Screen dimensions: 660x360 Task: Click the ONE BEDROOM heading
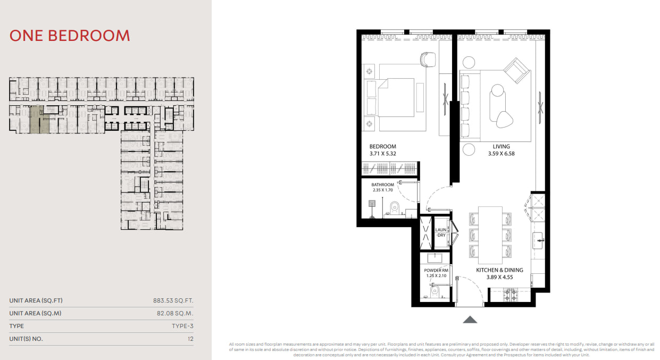pyautogui.click(x=70, y=36)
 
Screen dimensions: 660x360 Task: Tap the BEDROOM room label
pyautogui.click(x=383, y=146)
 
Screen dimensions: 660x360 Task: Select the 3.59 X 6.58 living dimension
pyautogui.click(x=501, y=154)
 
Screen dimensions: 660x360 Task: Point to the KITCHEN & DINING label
pyautogui.click(x=500, y=270)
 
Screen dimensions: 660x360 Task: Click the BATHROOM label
pyautogui.click(x=382, y=185)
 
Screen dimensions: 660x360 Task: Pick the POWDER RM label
pyautogui.click(x=436, y=270)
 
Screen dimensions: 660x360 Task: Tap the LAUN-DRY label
pyautogui.click(x=441, y=232)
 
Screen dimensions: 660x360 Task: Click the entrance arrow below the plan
pyautogui.click(x=470, y=320)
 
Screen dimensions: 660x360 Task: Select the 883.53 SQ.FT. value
pyautogui.click(x=173, y=300)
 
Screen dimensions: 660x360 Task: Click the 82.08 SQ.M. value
pyautogui.click(x=175, y=313)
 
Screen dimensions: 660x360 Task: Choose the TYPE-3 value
pyautogui.click(x=182, y=326)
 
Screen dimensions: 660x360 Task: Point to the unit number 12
pyautogui.click(x=190, y=339)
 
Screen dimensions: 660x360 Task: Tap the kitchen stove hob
pyautogui.click(x=511, y=295)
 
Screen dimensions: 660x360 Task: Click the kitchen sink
pyautogui.click(x=538, y=241)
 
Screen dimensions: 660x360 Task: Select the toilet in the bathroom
pyautogui.click(x=395, y=207)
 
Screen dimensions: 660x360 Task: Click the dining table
pyautogui.click(x=490, y=235)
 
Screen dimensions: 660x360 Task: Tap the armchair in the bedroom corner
pyautogui.click(x=428, y=59)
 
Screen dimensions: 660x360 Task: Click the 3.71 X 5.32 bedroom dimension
pyautogui.click(x=383, y=154)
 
